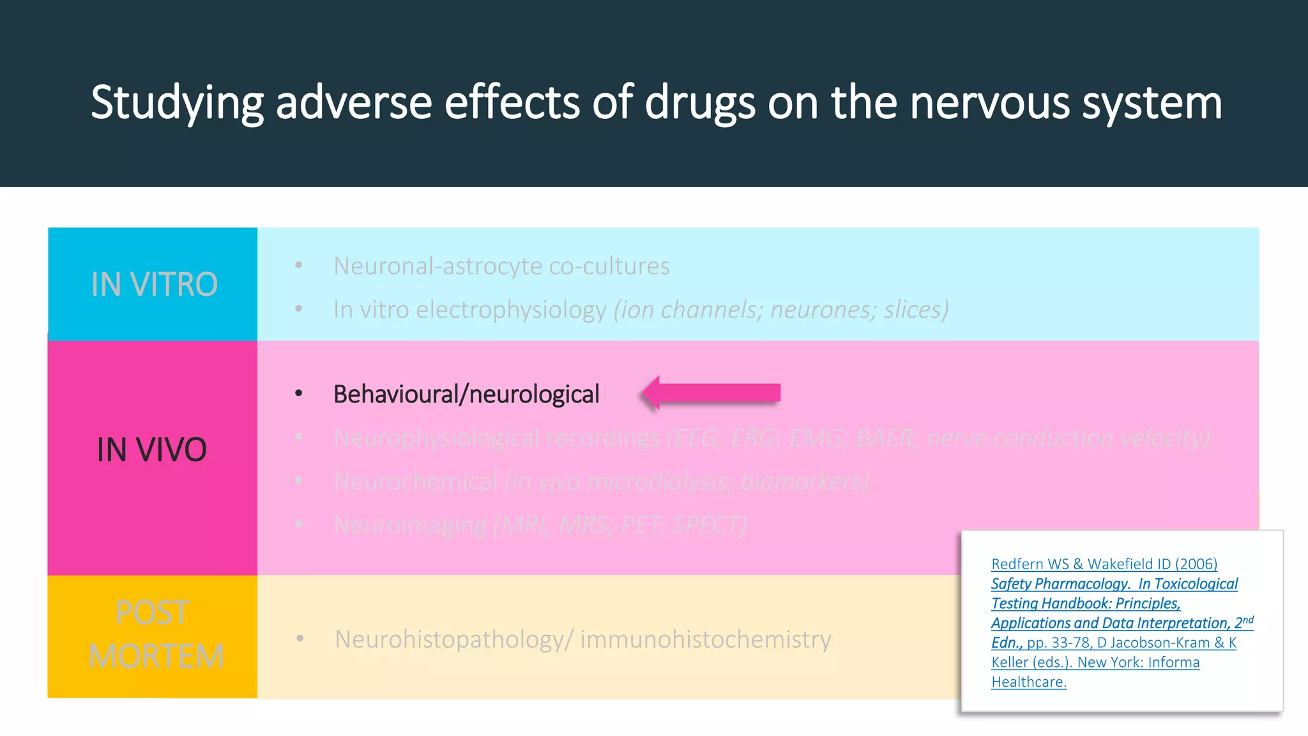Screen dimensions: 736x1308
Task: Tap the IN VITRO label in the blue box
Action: pyautogui.click(x=154, y=284)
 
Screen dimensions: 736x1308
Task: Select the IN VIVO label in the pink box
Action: pyautogui.click(x=152, y=449)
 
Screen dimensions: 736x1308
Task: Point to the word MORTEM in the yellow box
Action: pyautogui.click(x=156, y=656)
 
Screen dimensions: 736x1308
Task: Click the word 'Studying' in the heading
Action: pyautogui.click(x=177, y=103)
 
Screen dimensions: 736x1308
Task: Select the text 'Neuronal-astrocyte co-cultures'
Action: pyautogui.click(x=501, y=266)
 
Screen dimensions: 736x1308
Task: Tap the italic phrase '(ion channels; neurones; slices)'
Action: pyautogui.click(x=781, y=310)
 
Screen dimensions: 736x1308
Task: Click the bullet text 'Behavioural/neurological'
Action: pyautogui.click(x=466, y=394)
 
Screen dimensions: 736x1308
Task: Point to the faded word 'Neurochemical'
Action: pyautogui.click(x=415, y=481)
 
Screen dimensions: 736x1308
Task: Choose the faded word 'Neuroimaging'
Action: pyautogui.click(x=410, y=525)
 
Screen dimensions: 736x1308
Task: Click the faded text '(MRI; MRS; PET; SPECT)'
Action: pyautogui.click(x=620, y=525)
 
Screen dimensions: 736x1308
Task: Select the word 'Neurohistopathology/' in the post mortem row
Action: pyautogui.click(x=454, y=639)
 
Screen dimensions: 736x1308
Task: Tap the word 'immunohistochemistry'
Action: pyautogui.click(x=706, y=639)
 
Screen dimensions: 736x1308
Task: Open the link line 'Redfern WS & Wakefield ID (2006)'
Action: pyautogui.click(x=1104, y=564)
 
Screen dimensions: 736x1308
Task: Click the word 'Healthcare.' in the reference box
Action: pyautogui.click(x=1029, y=682)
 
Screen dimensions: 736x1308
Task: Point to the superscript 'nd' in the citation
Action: pyautogui.click(x=1248, y=620)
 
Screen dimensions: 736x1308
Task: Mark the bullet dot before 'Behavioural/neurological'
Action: pyautogui.click(x=298, y=394)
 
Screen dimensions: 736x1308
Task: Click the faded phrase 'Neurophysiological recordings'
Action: pyautogui.click(x=496, y=438)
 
